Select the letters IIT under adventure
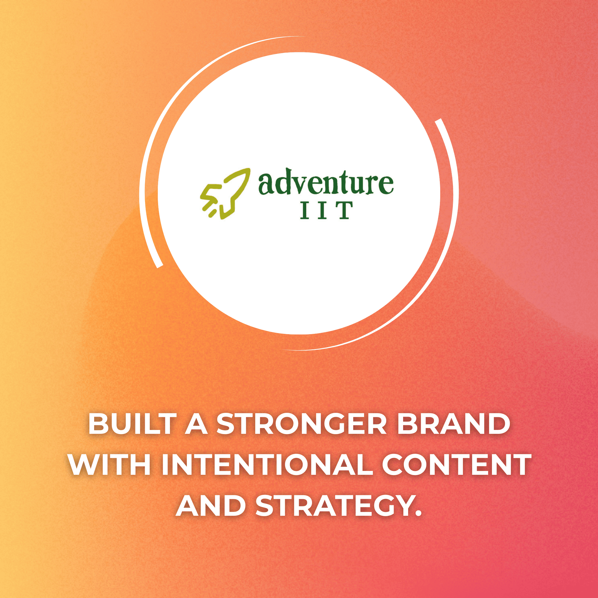tap(326, 210)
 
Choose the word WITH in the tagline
tap(110, 465)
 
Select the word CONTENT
tap(455, 465)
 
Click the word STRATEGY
tap(334, 506)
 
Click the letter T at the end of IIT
tap(344, 210)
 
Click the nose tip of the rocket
tap(249, 170)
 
